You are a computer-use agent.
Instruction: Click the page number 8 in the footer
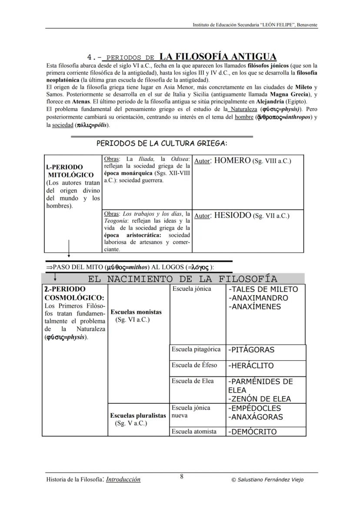point(182,476)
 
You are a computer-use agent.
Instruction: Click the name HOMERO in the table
point(233,160)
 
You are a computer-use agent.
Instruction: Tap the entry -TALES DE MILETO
point(263,289)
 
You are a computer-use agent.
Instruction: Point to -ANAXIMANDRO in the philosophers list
point(258,298)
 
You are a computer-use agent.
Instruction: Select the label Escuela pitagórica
point(196,349)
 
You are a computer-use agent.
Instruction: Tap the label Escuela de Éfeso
point(194,365)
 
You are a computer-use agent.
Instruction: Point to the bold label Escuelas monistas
point(136,312)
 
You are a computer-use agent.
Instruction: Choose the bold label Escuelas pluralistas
point(138,416)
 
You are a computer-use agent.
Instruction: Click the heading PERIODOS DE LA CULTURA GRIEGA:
point(162,143)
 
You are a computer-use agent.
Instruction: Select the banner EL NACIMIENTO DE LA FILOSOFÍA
point(182,279)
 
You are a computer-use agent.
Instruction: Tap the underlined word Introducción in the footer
point(123,479)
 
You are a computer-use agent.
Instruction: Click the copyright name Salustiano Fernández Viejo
point(270,480)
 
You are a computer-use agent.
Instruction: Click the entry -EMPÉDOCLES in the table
point(255,408)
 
